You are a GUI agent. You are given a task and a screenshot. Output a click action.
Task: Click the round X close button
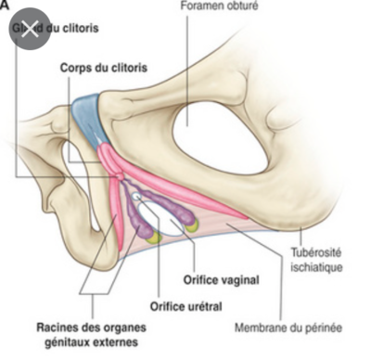(29, 29)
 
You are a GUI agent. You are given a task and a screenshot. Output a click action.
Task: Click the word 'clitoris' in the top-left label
(80, 28)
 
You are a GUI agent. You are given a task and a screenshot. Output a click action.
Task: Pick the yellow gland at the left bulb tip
(154, 238)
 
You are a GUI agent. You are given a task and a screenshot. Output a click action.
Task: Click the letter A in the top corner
(4, 5)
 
